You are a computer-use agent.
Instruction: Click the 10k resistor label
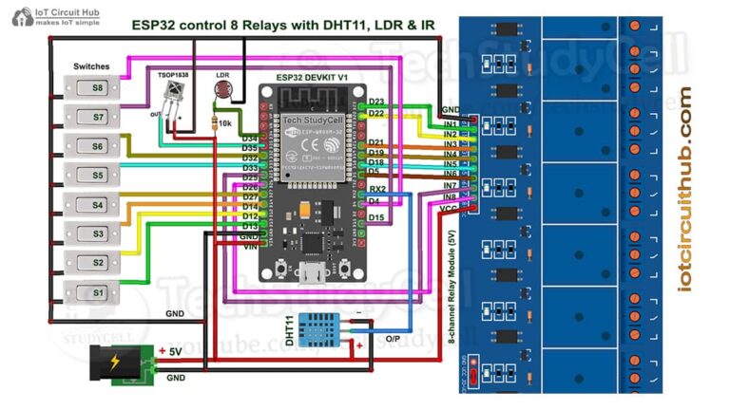(225, 123)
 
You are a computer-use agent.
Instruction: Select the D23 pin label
(375, 102)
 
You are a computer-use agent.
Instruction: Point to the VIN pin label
(249, 246)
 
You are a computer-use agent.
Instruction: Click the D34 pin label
(250, 139)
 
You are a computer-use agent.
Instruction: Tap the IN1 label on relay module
(451, 124)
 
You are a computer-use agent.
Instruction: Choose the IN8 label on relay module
(451, 196)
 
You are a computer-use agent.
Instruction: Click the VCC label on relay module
(451, 206)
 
